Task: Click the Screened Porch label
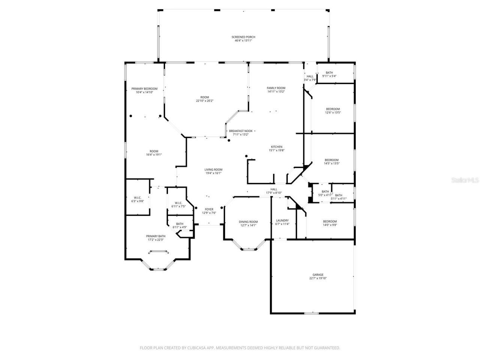[243, 37]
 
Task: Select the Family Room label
[276, 88]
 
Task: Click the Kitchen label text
[277, 147]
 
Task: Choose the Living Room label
[213, 169]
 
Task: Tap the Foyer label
[209, 209]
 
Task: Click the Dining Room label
[248, 222]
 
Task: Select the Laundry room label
[282, 220]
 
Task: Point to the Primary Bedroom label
[144, 88]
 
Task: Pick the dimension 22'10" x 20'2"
[205, 100]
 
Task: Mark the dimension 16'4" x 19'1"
[154, 154]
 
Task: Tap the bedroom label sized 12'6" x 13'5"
[333, 109]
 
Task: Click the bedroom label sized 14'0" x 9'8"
[330, 221]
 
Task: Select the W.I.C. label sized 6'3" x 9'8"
[137, 198]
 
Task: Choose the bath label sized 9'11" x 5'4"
[329, 73]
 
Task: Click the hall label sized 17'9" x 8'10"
[274, 189]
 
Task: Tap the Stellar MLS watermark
[465, 180]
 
